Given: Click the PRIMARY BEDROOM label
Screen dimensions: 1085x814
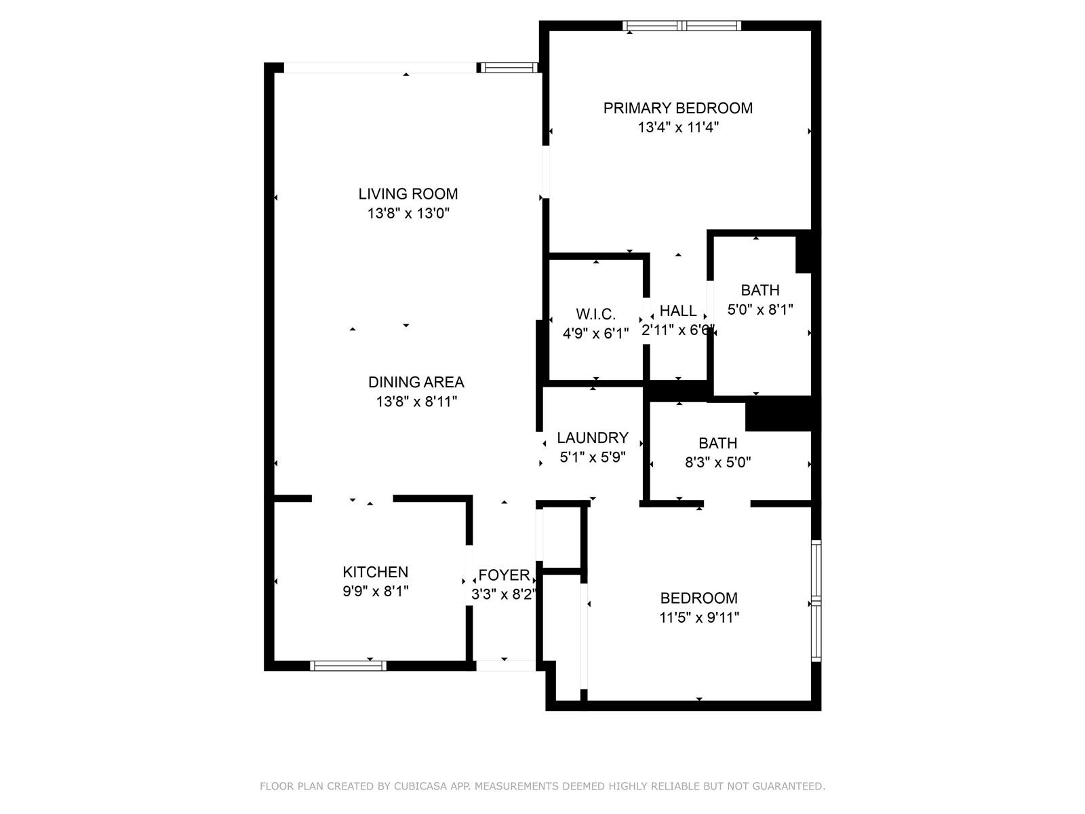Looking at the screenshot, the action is click(x=677, y=108).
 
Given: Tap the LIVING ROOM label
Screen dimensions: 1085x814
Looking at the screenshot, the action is click(x=408, y=194).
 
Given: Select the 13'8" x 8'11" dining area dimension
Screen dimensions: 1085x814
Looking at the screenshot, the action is click(x=416, y=402).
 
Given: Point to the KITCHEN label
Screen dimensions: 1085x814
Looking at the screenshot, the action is click(x=376, y=572).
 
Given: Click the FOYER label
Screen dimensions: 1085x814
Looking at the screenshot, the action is click(x=505, y=575).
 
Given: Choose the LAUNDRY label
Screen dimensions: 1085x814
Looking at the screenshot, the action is click(x=593, y=438).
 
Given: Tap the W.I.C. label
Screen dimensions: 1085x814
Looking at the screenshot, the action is click(x=595, y=314).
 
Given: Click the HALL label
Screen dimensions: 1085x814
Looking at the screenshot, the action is click(x=678, y=311).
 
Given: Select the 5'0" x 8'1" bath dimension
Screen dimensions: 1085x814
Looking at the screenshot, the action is click(x=760, y=310).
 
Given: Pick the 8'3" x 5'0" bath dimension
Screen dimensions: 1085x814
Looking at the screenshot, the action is click(x=717, y=463).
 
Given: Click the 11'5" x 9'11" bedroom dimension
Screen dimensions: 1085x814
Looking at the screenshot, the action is click(x=699, y=618).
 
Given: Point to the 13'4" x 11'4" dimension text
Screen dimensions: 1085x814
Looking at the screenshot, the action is click(x=677, y=128).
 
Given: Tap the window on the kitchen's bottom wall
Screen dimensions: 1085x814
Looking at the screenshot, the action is click(x=349, y=665).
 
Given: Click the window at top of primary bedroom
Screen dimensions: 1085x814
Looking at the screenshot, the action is click(x=682, y=26).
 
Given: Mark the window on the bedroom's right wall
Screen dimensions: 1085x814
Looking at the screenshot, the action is click(x=816, y=600).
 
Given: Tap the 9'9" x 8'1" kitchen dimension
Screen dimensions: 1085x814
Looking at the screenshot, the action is click(x=376, y=592).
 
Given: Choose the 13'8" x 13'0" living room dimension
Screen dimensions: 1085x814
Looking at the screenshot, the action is click(x=408, y=214).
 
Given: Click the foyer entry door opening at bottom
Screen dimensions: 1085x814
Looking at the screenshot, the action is click(x=506, y=665).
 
